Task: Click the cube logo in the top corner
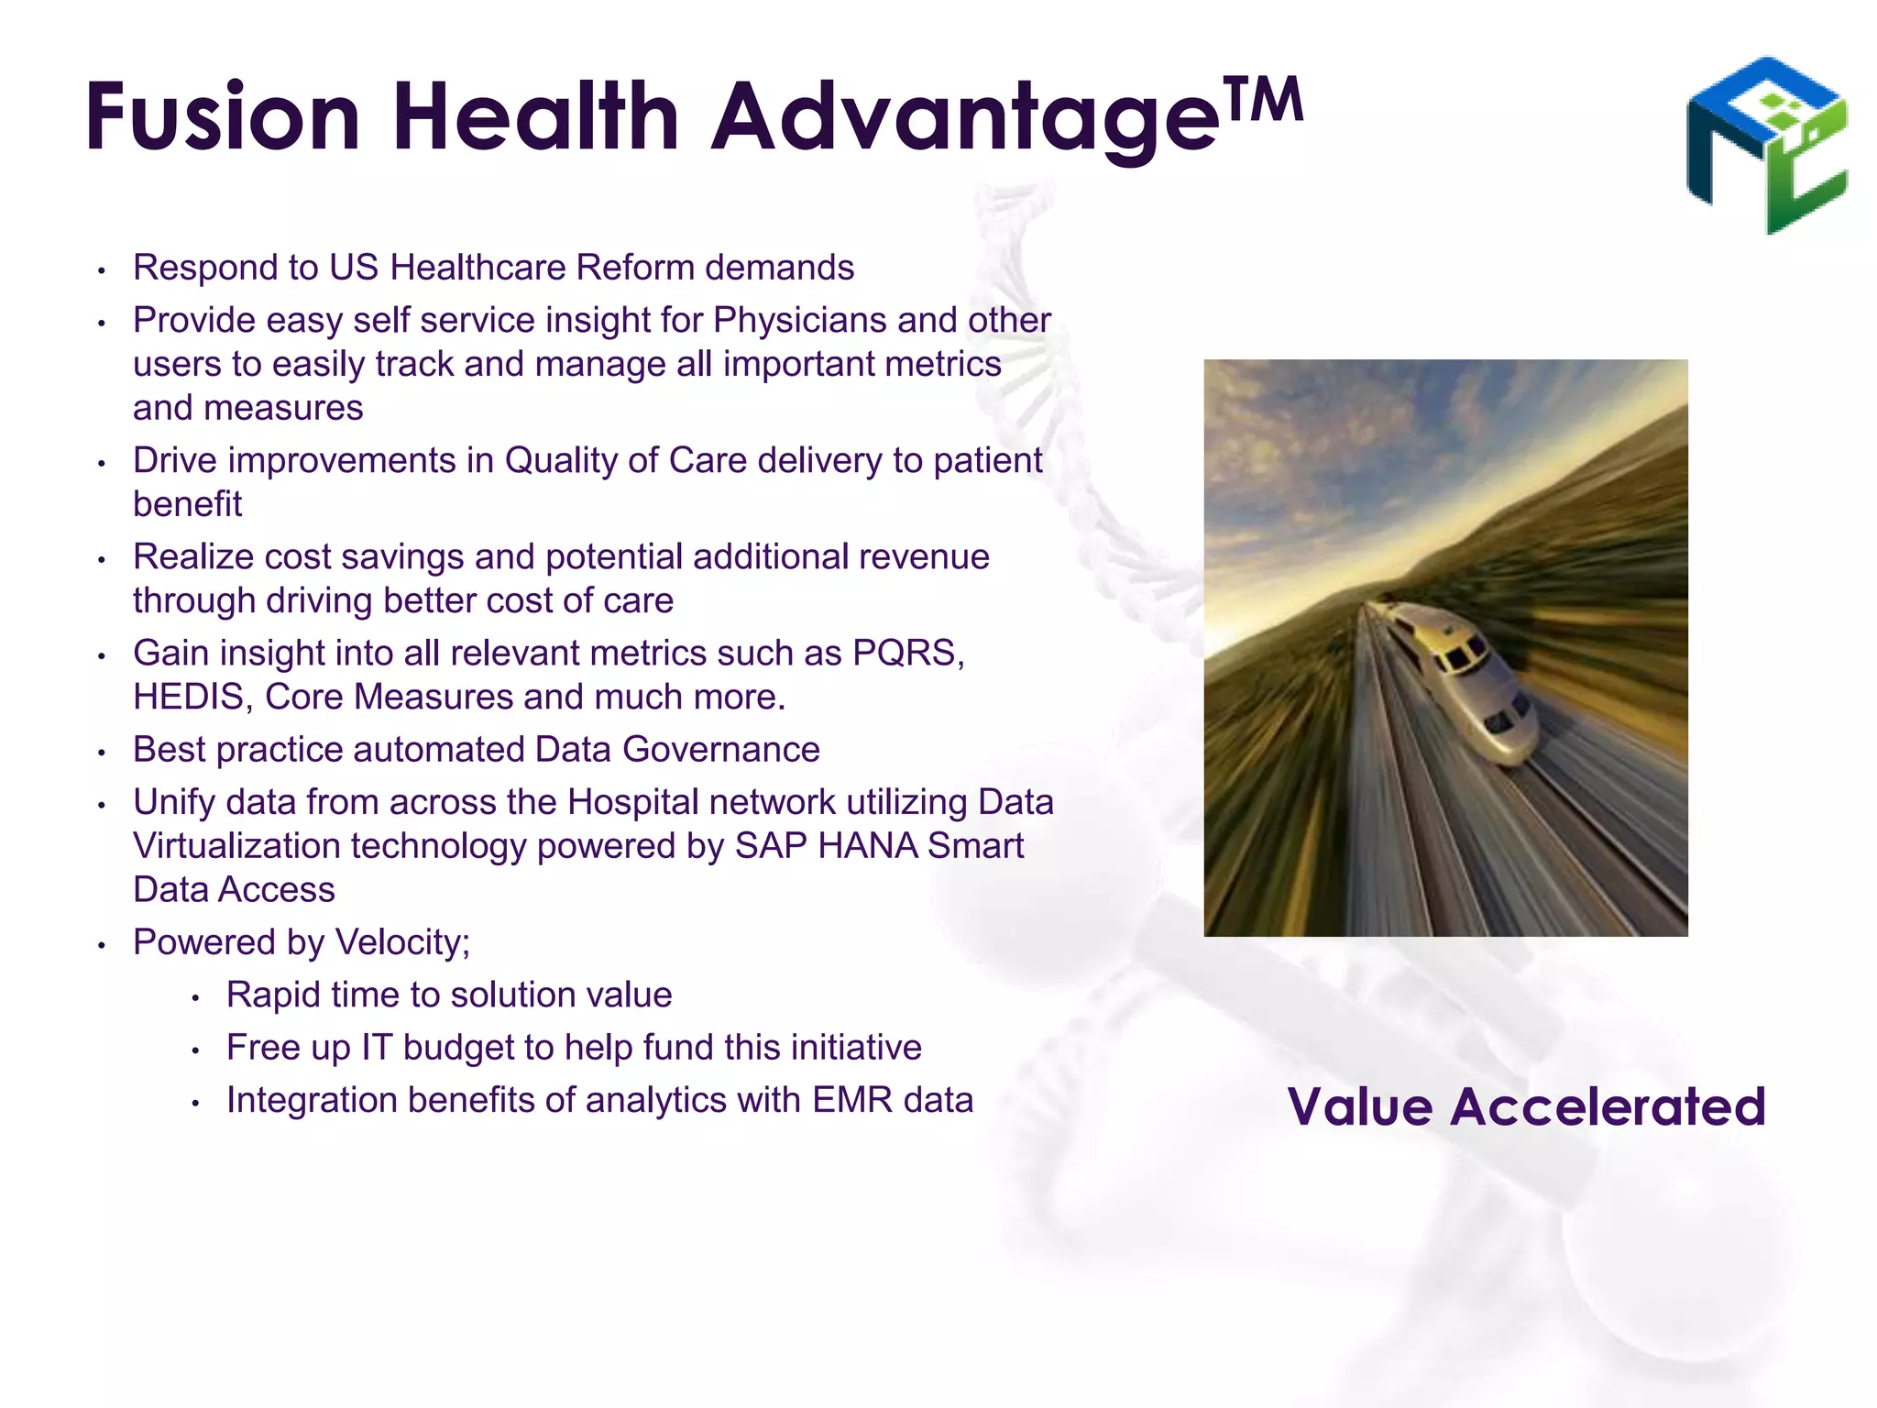pos(1767,145)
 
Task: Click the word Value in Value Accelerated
pos(1360,1106)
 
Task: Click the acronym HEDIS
pos(189,698)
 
